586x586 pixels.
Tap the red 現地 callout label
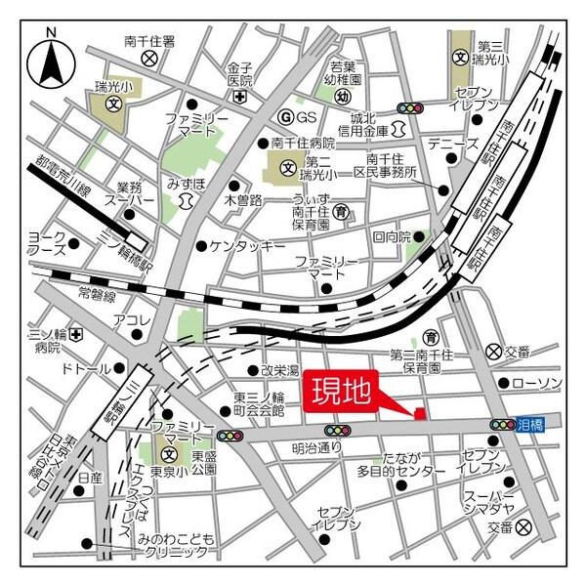341,392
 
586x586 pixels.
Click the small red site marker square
421,413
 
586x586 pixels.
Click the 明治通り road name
317,448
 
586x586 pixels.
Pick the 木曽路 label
243,200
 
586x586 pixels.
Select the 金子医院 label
239,75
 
